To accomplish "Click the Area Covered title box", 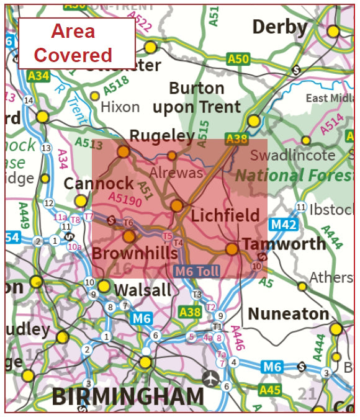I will pos(76,43).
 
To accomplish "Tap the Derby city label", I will pos(280,27).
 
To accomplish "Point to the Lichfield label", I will pos(225,215).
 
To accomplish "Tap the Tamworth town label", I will pos(284,243).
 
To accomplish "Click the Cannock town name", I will pos(99,184).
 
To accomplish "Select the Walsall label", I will pos(143,290).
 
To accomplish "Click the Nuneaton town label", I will pos(289,314).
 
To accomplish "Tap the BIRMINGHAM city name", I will pos(128,396).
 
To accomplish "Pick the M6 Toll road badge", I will pos(197,271).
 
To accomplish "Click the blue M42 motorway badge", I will pos(285,224).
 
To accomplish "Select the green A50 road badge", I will pos(238,59).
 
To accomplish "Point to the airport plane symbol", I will pos(212,377).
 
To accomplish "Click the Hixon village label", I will pos(120,107).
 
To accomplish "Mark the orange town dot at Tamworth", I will pos(232,249).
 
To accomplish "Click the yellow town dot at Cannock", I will pos(81,201).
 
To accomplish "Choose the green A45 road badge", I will pos(270,390).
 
